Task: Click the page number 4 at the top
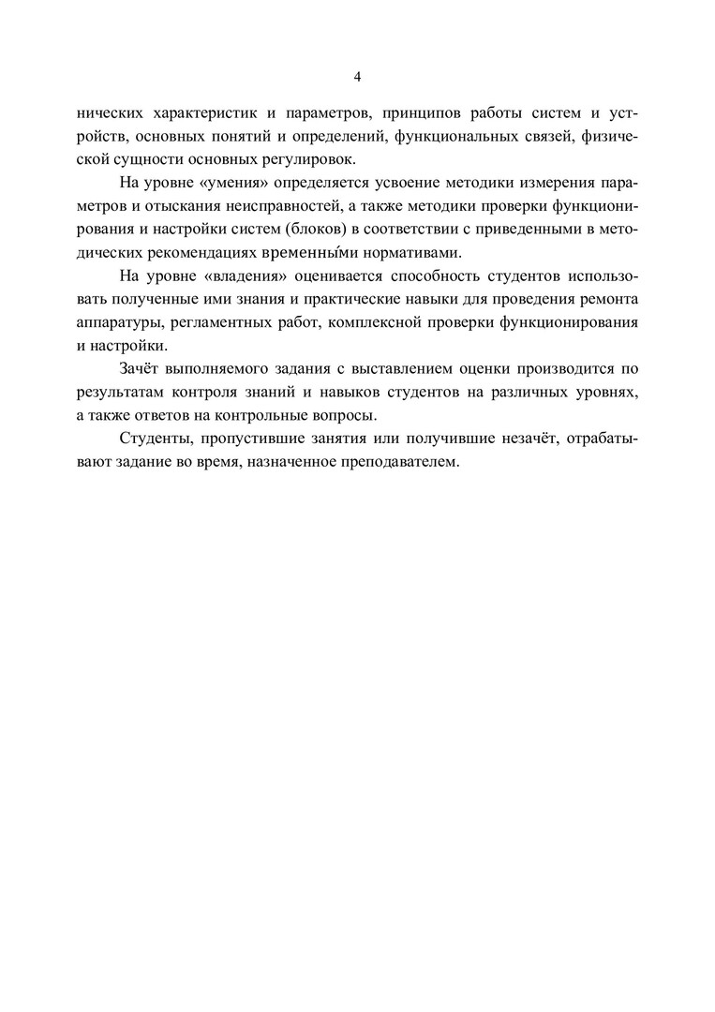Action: point(357,76)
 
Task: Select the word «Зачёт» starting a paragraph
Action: point(142,368)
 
